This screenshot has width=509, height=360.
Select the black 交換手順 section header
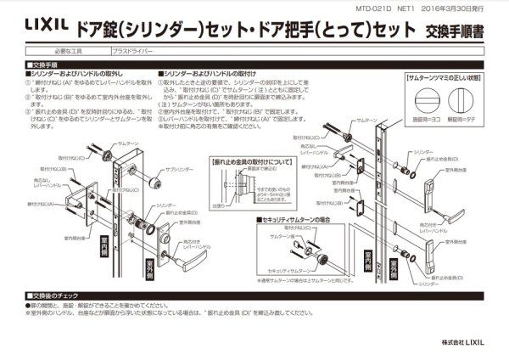coord(45,65)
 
